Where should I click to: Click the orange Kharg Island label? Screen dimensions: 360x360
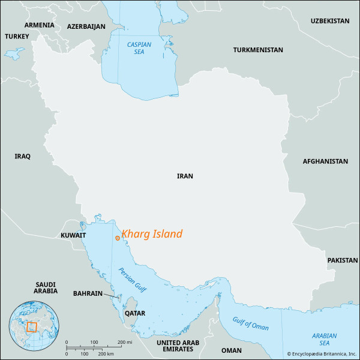(x=152, y=235)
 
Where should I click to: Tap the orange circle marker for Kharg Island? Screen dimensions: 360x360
(x=117, y=238)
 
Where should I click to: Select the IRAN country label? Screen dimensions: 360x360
(x=185, y=176)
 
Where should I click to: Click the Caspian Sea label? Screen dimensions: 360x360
(x=139, y=48)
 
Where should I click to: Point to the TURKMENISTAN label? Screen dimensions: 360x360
(x=258, y=50)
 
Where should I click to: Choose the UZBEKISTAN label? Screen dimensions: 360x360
(x=329, y=20)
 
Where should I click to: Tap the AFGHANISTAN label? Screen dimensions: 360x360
(x=325, y=161)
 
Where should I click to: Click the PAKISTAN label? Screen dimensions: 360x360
(x=342, y=261)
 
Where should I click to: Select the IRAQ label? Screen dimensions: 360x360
(x=22, y=156)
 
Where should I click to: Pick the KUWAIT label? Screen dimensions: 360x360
(x=73, y=236)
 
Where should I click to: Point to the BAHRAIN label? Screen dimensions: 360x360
(x=87, y=293)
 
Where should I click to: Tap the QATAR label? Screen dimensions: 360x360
(x=134, y=313)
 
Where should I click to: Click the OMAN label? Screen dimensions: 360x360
(x=232, y=350)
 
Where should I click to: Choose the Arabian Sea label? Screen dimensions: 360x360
(x=324, y=339)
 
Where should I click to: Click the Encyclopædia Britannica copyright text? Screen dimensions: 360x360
(x=321, y=354)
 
